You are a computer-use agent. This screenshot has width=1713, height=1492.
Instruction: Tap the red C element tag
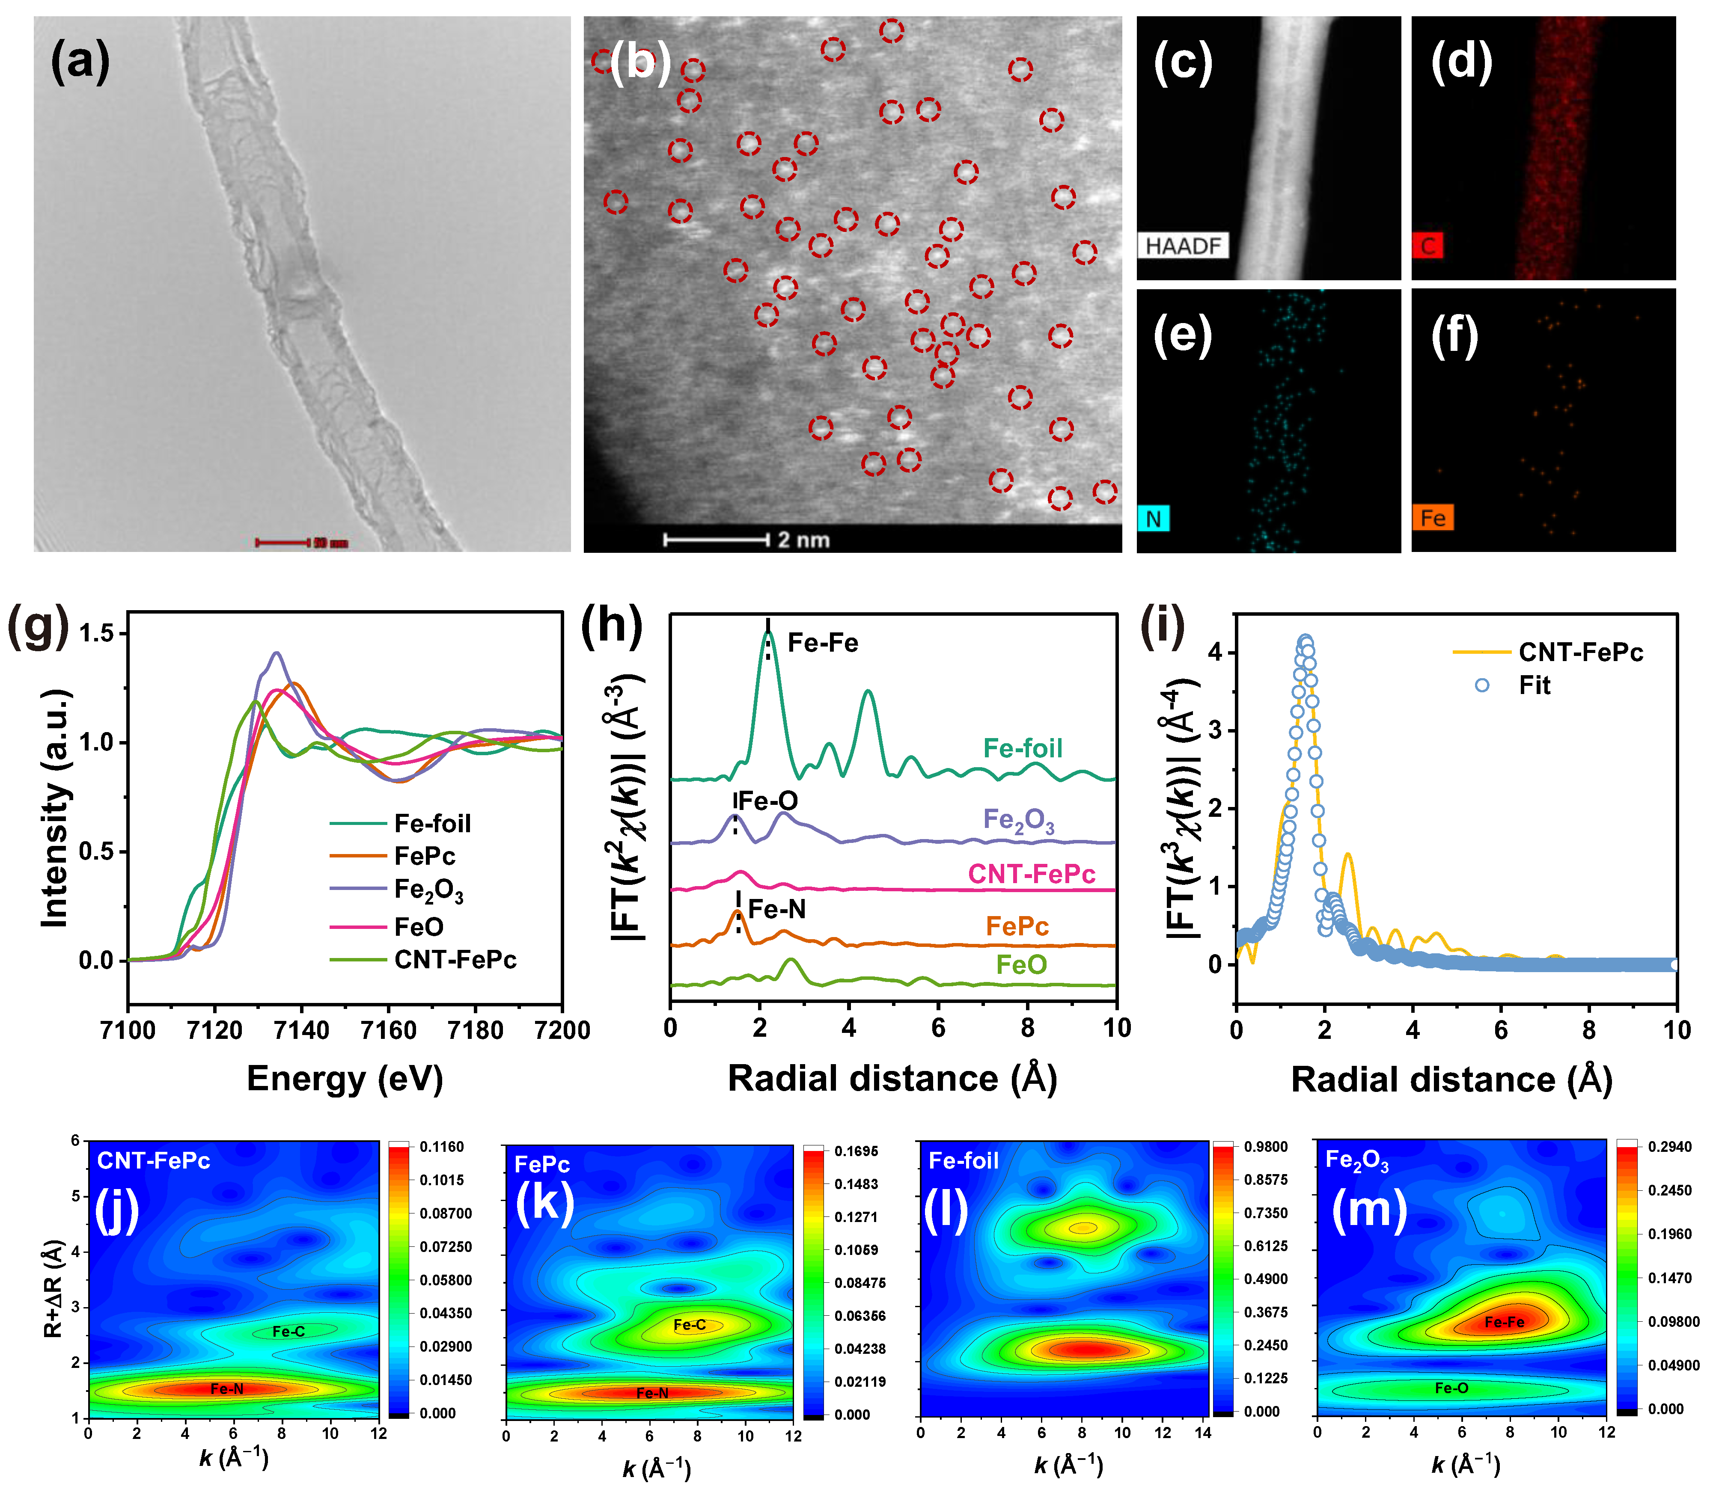tap(1427, 246)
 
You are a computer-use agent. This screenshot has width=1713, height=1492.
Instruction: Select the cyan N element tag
tap(1154, 519)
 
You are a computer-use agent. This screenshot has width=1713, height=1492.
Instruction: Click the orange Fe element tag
tap(1432, 518)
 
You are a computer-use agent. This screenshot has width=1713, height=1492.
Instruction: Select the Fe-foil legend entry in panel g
tap(431, 823)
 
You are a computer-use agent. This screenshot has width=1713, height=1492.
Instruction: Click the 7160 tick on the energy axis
tap(388, 1031)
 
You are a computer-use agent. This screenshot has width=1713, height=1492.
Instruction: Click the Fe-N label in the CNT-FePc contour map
tap(226, 1389)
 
